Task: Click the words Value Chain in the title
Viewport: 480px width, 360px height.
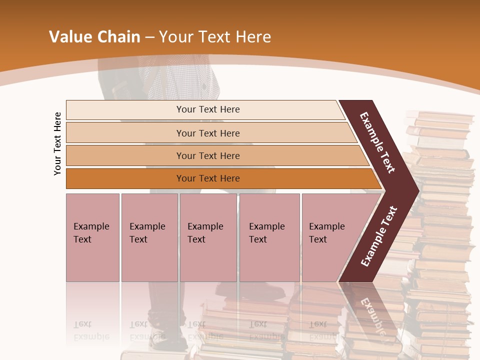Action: tap(94, 37)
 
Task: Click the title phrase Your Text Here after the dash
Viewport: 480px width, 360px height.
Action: tap(215, 37)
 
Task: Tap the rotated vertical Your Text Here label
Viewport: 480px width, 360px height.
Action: tap(57, 143)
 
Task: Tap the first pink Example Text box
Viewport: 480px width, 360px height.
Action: tap(92, 237)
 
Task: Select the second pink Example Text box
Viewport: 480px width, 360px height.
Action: tap(149, 237)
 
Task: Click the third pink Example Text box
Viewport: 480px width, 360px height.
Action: tap(208, 237)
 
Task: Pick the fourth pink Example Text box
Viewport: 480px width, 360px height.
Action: tap(269, 237)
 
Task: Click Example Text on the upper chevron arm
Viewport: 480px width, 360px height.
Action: tap(378, 142)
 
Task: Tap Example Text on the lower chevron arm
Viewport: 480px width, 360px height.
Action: tap(379, 236)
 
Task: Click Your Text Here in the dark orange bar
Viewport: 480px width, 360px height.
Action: tap(208, 178)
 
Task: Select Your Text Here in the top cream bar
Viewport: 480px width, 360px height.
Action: tap(208, 109)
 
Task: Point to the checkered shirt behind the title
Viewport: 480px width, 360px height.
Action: tap(180, 80)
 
